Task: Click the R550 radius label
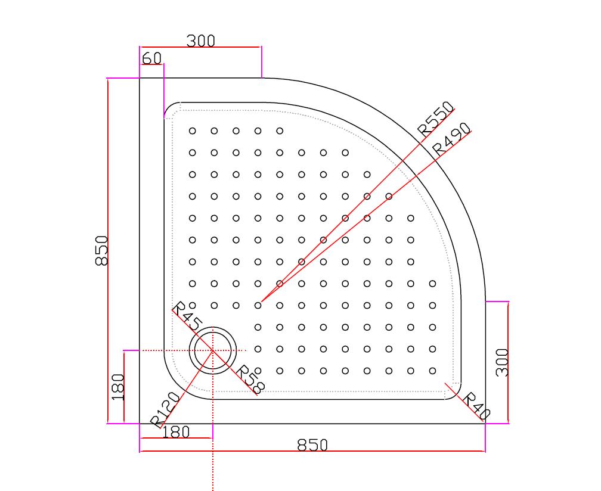coord(435,118)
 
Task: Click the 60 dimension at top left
coord(152,58)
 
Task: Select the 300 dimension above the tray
coord(200,41)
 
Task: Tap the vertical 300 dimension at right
coord(502,362)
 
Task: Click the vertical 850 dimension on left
coord(101,250)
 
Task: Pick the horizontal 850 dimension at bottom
coord(312,445)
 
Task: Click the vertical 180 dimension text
coord(117,387)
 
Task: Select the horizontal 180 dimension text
coord(175,432)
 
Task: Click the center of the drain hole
coord(213,350)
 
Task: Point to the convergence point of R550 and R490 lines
coord(261,302)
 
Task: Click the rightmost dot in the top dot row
coord(280,130)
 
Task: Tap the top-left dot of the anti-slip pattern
coord(192,130)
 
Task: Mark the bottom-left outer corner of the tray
coord(140,424)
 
